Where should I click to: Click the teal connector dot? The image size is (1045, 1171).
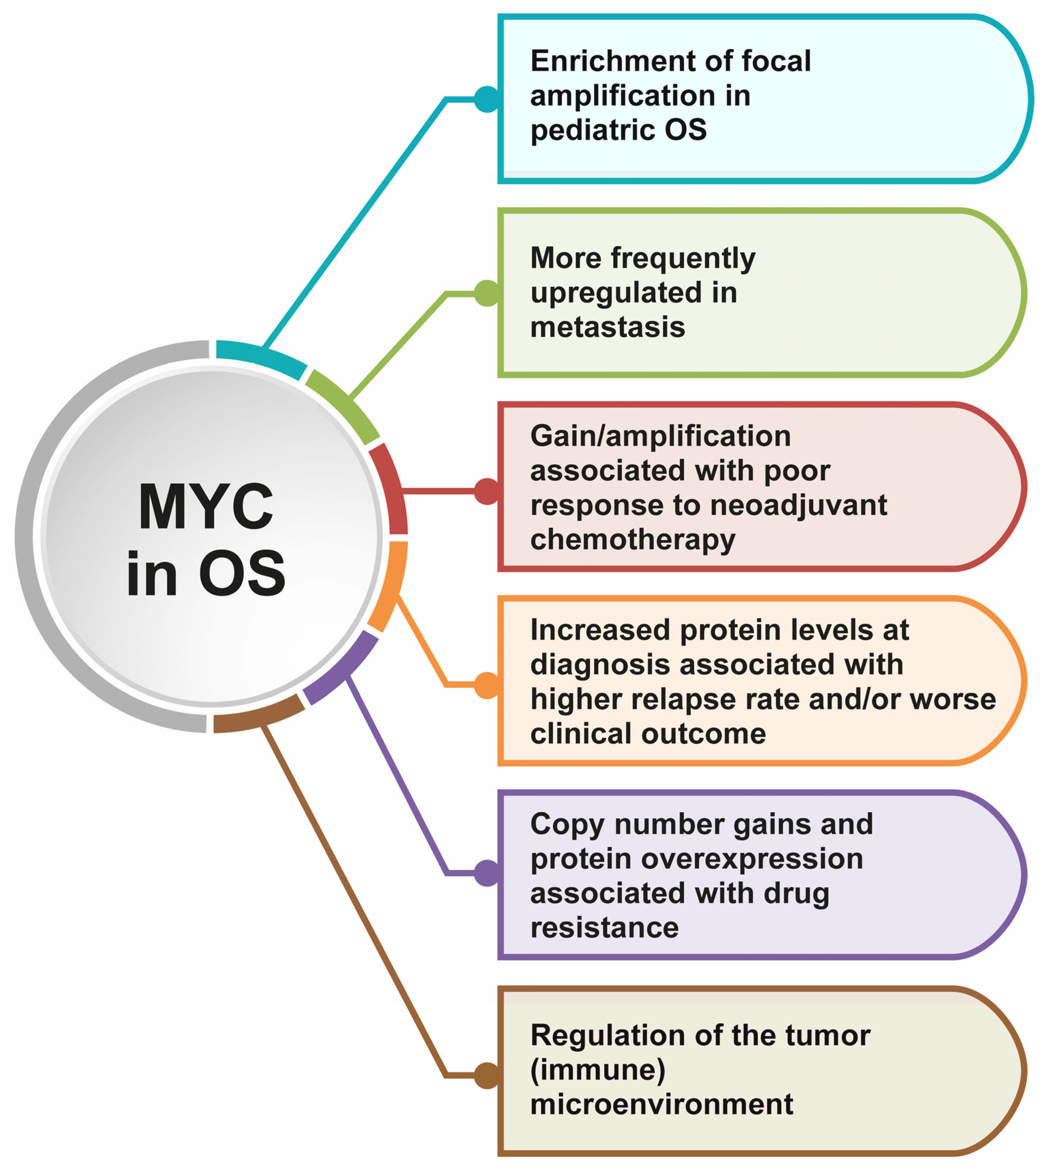[487, 99]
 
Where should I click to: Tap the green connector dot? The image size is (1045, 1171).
[487, 293]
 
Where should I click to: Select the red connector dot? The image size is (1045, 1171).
[487, 491]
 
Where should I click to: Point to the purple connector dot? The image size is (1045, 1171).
[487, 873]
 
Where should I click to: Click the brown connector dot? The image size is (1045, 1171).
[487, 1075]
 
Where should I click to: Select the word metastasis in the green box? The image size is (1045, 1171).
[608, 327]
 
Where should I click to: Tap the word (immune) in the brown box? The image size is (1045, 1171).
[598, 1070]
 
